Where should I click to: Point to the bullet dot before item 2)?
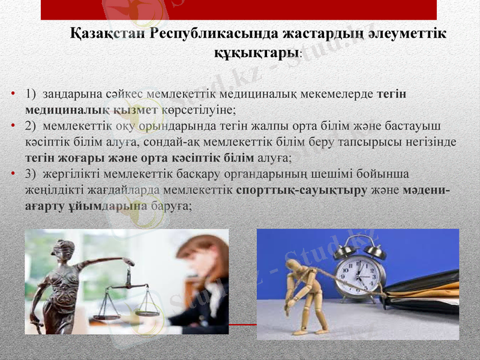(x=13, y=126)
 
